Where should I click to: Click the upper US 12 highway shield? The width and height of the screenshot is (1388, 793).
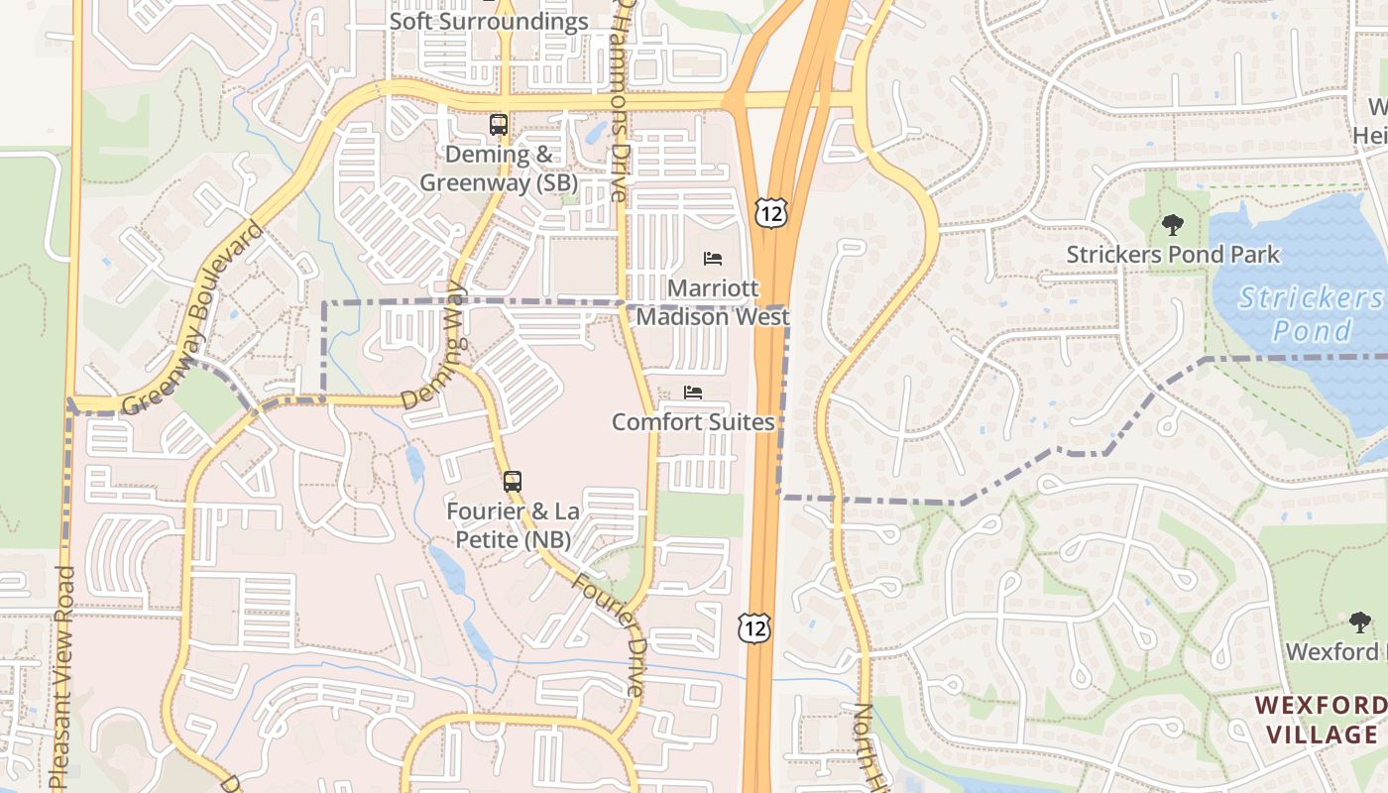[x=771, y=211]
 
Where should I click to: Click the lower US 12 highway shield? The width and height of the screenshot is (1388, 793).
[x=753, y=627]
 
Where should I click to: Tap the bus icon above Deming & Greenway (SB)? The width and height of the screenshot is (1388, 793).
[x=499, y=126]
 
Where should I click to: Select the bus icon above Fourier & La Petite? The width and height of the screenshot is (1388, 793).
[x=512, y=483]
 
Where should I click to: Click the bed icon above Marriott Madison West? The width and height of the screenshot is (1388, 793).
[x=713, y=259]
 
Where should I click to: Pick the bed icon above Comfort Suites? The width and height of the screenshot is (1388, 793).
[x=693, y=393]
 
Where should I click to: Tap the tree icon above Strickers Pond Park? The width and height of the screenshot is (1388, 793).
[x=1173, y=225]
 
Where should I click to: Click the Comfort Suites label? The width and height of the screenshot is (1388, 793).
[x=693, y=422]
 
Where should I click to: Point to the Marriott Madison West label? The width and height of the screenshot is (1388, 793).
[x=713, y=302]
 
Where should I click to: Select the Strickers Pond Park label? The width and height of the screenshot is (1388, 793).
[x=1173, y=255]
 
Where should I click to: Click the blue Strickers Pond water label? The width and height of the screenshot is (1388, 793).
[x=1311, y=313]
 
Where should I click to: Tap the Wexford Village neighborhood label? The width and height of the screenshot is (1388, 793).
[x=1320, y=721]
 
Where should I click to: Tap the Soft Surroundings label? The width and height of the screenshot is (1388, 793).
[x=489, y=22]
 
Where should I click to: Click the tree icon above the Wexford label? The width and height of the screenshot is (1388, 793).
[x=1360, y=623]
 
